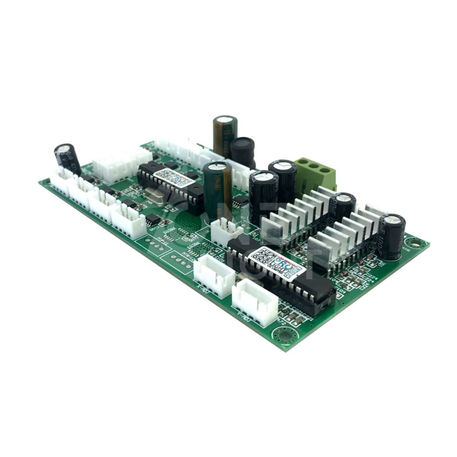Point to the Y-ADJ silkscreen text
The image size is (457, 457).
[x=242, y=316]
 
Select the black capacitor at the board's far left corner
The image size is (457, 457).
[x=67, y=158]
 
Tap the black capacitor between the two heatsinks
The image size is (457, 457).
[x=343, y=208]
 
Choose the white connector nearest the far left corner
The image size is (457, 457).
[x=62, y=180]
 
